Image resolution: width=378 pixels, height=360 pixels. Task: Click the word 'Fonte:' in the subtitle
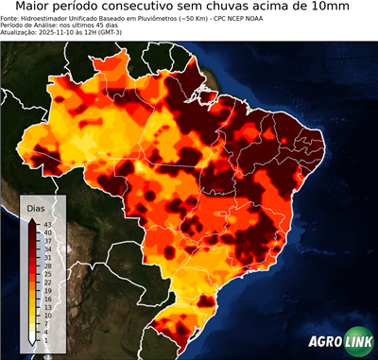pos(10,18)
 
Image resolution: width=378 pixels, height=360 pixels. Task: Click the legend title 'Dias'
pos(36,207)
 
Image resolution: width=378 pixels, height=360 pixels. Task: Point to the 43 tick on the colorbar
pos(46,224)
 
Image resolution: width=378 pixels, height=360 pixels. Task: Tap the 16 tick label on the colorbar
pos(46,299)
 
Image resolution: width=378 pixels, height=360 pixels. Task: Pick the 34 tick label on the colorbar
pos(46,249)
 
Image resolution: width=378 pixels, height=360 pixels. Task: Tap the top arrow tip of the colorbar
pos(32,219)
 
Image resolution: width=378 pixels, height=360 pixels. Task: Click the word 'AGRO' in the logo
pos(326,342)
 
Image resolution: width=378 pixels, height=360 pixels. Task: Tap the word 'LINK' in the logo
pos(356,342)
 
